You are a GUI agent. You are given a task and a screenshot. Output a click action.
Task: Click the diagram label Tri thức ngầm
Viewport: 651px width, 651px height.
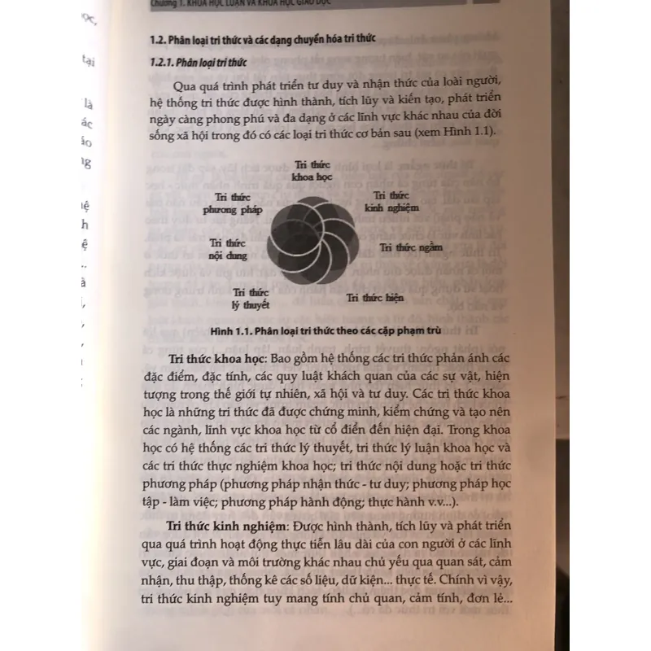point(411,247)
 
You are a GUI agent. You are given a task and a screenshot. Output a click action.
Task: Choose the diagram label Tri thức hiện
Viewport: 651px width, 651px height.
point(374,298)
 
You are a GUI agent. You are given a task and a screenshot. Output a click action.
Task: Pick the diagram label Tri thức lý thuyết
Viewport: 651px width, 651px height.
point(251,298)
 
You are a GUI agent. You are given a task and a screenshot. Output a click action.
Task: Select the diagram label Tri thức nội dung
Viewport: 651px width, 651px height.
point(227,248)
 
